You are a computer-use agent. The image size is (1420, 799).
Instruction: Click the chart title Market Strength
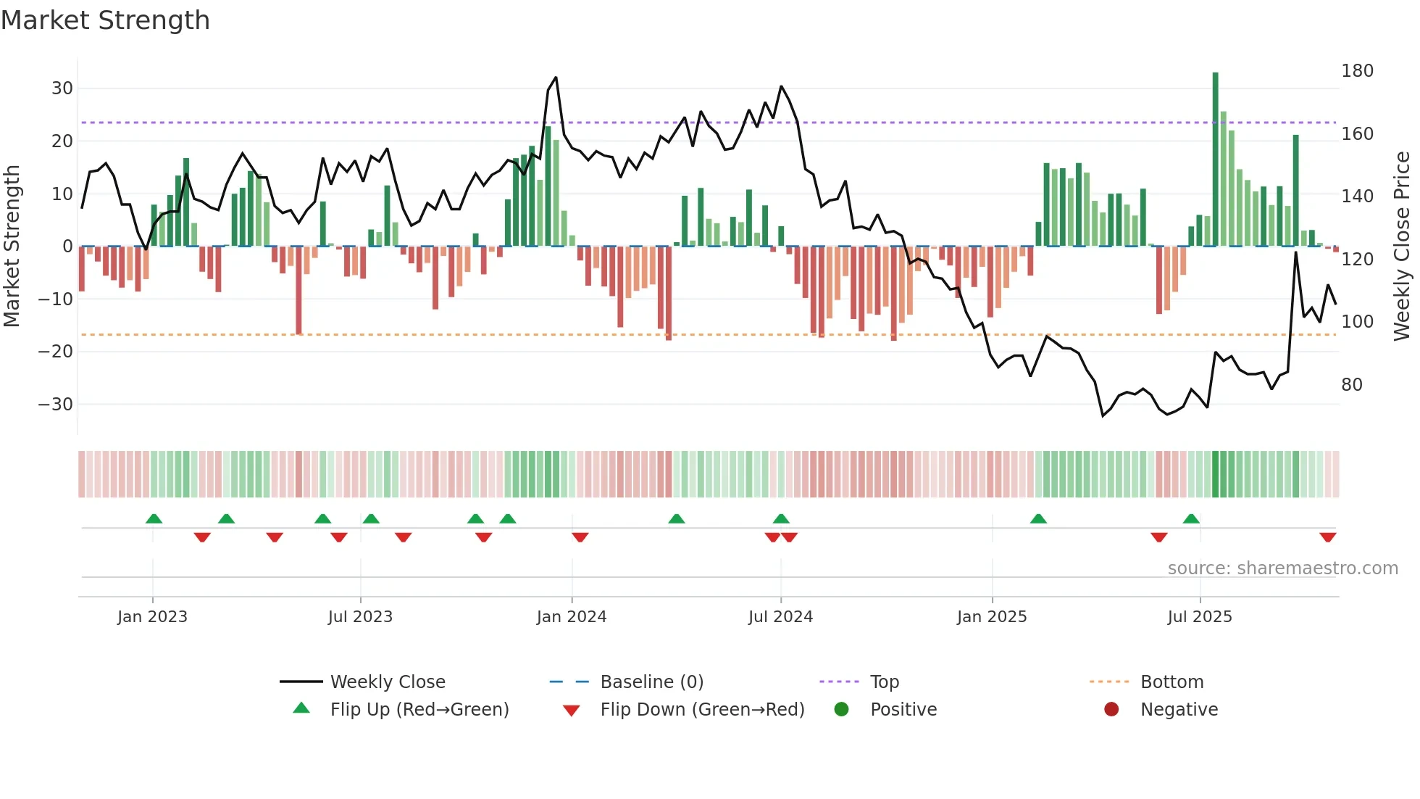(105, 20)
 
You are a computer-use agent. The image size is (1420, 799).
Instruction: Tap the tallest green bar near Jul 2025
(1215, 160)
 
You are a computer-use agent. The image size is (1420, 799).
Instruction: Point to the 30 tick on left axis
(62, 88)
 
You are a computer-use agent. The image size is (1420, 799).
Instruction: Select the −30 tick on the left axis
(56, 405)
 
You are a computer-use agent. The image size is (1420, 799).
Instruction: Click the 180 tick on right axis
(1357, 71)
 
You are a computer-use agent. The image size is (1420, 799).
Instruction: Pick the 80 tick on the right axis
(1351, 385)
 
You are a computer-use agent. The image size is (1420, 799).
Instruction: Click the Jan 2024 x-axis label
(571, 617)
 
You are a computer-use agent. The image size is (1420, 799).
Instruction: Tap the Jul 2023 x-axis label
(360, 617)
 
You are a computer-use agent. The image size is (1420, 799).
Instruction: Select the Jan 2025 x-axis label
(991, 617)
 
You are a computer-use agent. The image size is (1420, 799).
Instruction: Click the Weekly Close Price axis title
(1402, 247)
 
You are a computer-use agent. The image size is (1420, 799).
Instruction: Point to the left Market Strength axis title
(12, 247)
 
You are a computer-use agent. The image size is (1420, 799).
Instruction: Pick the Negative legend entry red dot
(1111, 709)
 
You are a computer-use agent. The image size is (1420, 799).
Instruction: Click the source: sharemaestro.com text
(1282, 568)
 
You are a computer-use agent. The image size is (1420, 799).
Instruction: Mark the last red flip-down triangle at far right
(1327, 537)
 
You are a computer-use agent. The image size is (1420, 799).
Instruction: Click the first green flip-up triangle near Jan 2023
(154, 518)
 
